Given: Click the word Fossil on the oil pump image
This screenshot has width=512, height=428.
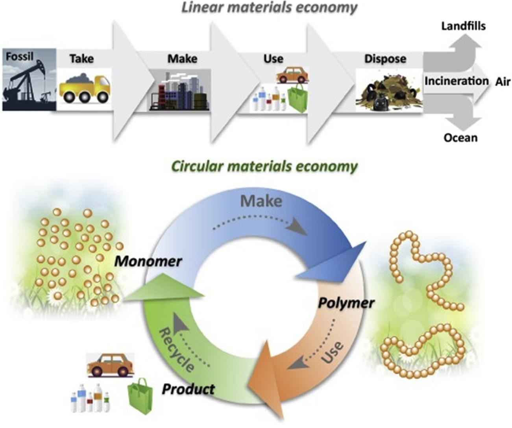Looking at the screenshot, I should point(19,56).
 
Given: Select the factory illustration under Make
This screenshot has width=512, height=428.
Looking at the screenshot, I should point(179,92).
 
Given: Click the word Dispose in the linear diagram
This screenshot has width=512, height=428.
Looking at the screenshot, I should point(385,59).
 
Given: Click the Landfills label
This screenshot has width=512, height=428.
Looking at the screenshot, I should point(463,26).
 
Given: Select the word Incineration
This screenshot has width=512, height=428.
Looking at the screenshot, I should point(456,81).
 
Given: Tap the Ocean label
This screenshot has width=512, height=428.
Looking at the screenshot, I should point(460,138).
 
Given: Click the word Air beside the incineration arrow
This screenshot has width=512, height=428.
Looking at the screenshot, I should point(503,82).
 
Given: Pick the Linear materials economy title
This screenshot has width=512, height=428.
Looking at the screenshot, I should point(269,7).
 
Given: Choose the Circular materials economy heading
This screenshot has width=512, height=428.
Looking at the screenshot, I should point(264,166).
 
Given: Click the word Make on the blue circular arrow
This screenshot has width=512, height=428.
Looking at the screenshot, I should point(261,201).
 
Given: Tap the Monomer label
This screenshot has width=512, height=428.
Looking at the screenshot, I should point(148,261).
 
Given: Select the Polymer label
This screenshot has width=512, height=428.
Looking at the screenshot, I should point(346,303).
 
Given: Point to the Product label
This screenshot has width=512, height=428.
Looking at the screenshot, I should point(188,389).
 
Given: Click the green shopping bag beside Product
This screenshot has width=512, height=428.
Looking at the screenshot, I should point(140,396).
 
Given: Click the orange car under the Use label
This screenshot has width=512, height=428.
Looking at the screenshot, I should point(292,75).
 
